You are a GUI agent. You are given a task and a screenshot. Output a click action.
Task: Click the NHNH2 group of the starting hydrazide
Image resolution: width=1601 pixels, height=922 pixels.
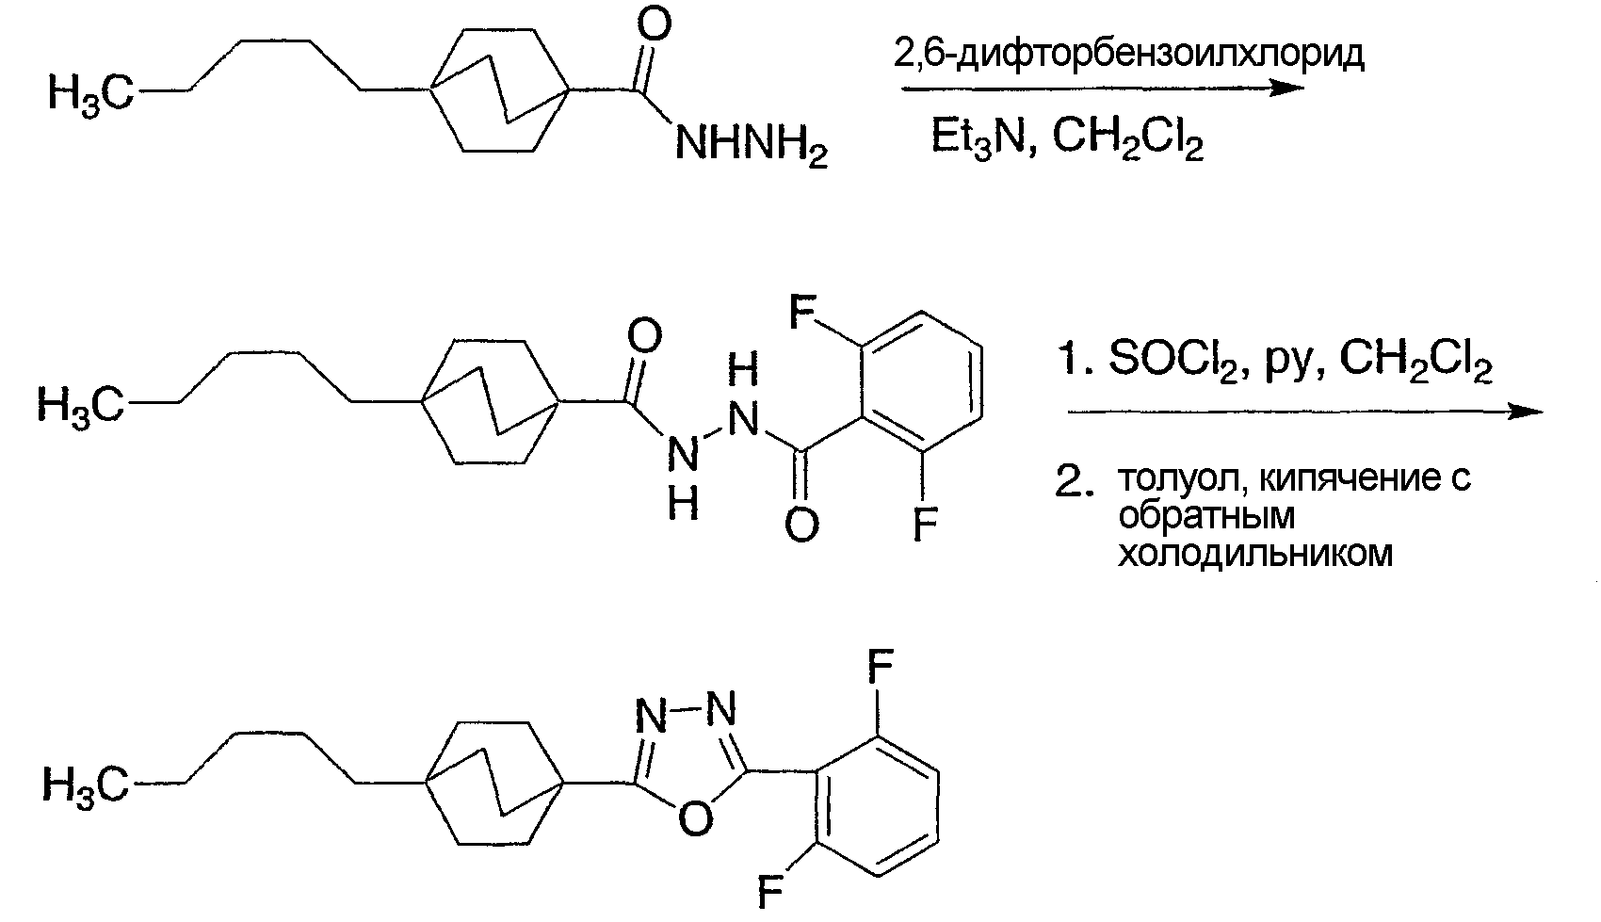tap(752, 146)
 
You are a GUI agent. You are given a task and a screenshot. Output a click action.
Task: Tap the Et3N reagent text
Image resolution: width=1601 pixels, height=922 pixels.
tap(978, 137)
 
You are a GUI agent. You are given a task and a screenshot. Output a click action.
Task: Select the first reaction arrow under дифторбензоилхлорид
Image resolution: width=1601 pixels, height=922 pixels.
tap(1103, 89)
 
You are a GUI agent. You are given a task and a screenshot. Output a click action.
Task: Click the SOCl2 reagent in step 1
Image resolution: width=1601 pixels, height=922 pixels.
tap(1172, 360)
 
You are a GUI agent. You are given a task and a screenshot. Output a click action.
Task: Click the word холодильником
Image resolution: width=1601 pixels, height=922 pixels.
tap(1255, 553)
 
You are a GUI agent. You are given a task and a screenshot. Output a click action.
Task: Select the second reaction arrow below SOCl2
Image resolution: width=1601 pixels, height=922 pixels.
tap(1305, 412)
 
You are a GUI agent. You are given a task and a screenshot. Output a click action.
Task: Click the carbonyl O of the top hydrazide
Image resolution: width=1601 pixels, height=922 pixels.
tap(654, 24)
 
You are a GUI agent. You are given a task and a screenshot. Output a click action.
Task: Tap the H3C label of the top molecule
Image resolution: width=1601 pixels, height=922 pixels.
tap(90, 93)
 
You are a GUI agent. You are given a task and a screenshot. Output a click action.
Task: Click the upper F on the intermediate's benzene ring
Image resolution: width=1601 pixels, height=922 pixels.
tap(802, 311)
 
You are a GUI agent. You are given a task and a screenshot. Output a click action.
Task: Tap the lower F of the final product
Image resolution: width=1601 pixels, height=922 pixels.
tap(769, 891)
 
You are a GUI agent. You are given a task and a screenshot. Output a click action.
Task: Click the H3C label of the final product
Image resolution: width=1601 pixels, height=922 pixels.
tap(85, 785)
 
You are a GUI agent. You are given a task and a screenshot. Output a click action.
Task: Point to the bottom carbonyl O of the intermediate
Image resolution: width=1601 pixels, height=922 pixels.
tap(801, 526)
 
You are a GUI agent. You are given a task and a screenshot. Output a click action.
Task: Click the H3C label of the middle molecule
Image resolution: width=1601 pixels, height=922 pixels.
tap(80, 405)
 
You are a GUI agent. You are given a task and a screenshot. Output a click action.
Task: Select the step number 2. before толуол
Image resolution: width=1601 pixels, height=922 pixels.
tap(1075, 481)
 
